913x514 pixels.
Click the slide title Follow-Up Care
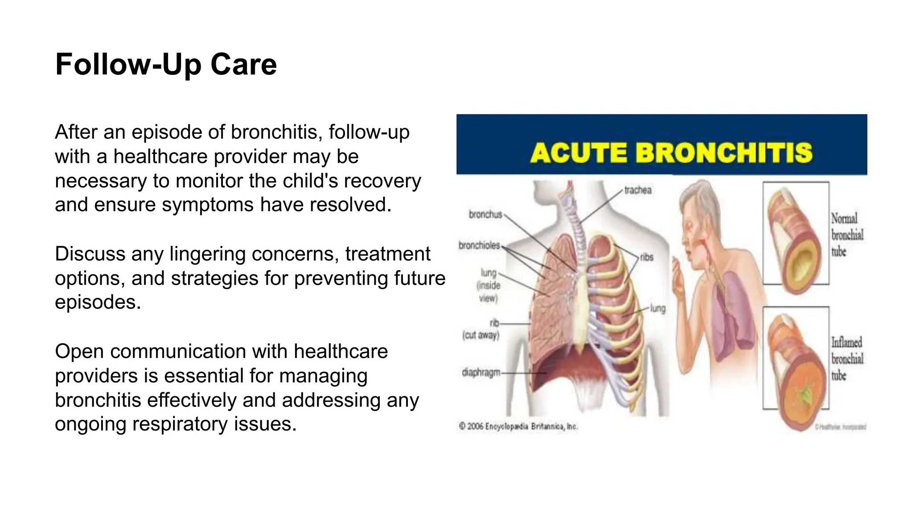click(x=166, y=65)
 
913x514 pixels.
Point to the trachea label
click(x=637, y=190)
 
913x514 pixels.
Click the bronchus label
click(x=485, y=215)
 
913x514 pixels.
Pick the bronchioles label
click(x=479, y=245)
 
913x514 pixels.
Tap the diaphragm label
click(x=481, y=372)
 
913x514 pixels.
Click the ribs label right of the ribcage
click(x=646, y=257)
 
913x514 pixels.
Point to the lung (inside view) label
click(x=489, y=285)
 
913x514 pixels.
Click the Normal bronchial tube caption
click(x=847, y=235)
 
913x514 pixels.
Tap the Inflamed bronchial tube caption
click(x=847, y=359)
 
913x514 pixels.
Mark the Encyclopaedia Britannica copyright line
click(x=518, y=427)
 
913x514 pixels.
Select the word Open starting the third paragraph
click(x=79, y=352)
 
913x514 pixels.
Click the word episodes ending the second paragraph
click(x=98, y=303)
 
